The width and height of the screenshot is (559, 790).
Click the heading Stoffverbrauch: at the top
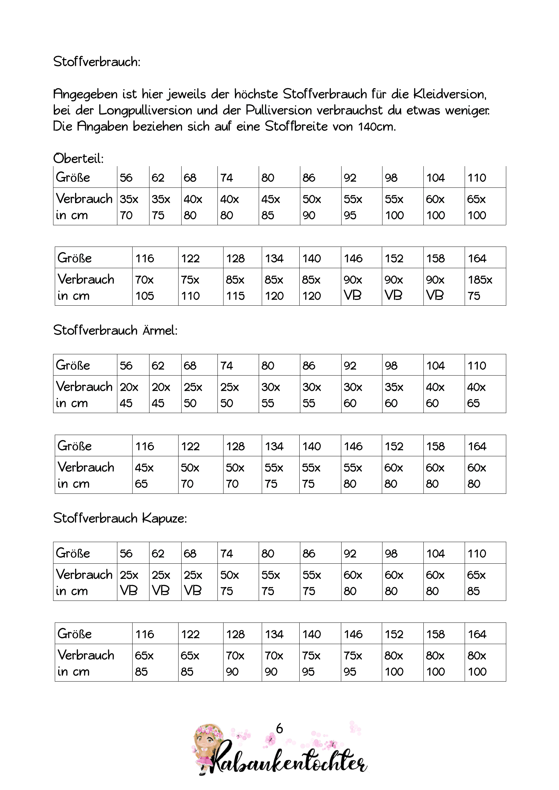click(97, 62)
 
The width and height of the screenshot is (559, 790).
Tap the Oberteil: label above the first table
click(78, 159)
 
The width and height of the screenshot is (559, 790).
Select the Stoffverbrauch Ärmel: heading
click(115, 330)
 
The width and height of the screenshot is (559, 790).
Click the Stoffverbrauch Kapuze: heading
click(120, 518)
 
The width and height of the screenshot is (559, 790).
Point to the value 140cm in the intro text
click(376, 127)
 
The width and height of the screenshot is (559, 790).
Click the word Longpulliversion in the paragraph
click(145, 110)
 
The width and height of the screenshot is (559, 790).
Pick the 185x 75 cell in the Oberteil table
click(485, 287)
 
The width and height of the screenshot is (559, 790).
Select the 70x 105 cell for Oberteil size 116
click(155, 287)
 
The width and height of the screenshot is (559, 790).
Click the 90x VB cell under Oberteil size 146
click(361, 287)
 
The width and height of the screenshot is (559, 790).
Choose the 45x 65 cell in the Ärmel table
click(155, 475)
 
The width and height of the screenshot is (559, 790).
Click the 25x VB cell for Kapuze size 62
click(165, 583)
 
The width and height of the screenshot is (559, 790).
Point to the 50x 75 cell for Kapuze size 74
click(238, 583)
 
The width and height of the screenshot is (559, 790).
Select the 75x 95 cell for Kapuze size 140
click(320, 663)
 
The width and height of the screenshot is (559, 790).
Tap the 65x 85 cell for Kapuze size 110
click(485, 583)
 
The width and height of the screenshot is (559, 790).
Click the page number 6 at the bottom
click(279, 729)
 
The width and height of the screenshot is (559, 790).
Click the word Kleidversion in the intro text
click(449, 94)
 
